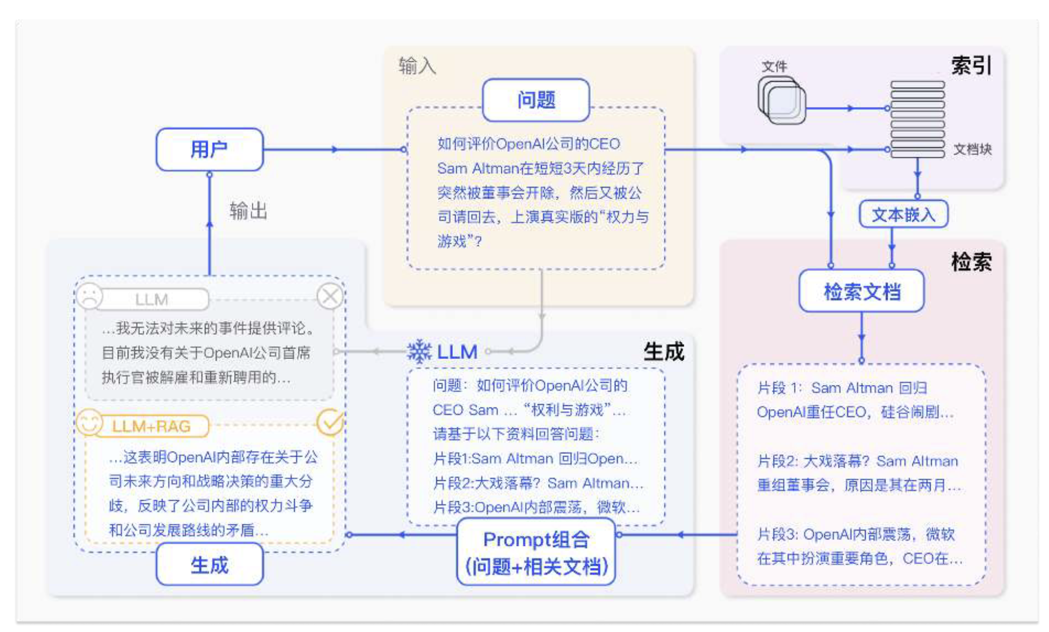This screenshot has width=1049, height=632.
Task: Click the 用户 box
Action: pyautogui.click(x=209, y=149)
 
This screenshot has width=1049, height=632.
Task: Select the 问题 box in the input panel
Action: pyautogui.click(x=536, y=100)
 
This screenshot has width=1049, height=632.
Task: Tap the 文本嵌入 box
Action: pyautogui.click(x=903, y=215)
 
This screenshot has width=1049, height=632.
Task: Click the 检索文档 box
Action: pyautogui.click(x=861, y=291)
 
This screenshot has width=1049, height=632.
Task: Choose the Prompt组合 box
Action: pyautogui.click(x=536, y=552)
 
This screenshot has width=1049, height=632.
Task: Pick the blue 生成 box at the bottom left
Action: pyautogui.click(x=209, y=565)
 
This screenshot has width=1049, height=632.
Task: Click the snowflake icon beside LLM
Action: pyautogui.click(x=419, y=352)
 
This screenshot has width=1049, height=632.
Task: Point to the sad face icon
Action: pyautogui.click(x=90, y=296)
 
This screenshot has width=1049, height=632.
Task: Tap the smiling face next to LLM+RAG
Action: pyautogui.click(x=89, y=423)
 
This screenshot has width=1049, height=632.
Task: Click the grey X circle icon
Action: pyautogui.click(x=330, y=296)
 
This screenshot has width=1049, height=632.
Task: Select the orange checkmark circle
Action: pyautogui.click(x=330, y=423)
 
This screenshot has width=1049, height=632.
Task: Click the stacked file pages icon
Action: pyautogui.click(x=782, y=100)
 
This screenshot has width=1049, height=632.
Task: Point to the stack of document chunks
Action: pyautogui.click(x=917, y=120)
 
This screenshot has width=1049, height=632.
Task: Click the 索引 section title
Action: pyautogui.click(x=971, y=66)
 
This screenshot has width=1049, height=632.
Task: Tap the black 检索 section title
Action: pyautogui.click(x=971, y=262)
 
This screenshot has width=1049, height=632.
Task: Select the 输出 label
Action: pyautogui.click(x=248, y=211)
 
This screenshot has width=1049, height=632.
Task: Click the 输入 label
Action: pyautogui.click(x=417, y=66)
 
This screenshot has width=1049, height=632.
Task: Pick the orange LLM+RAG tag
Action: pyautogui.click(x=152, y=426)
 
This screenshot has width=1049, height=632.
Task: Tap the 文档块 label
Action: pyautogui.click(x=972, y=150)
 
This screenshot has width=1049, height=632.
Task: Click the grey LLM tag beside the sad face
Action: pyautogui.click(x=152, y=299)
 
